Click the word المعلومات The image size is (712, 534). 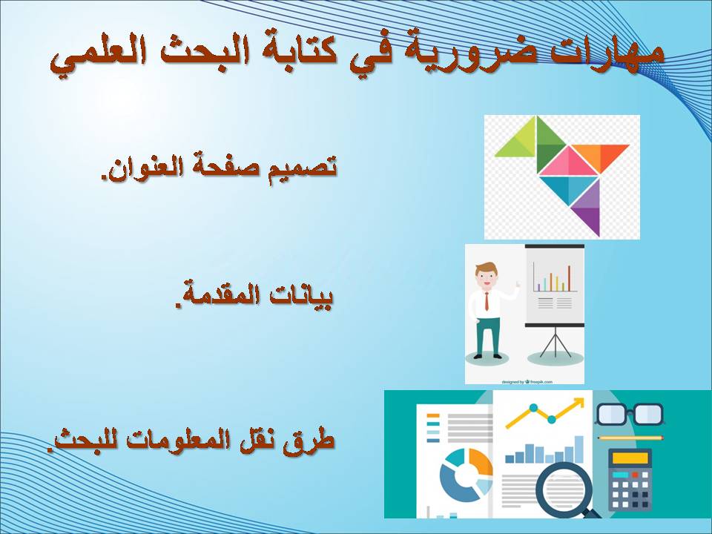(x=182, y=441)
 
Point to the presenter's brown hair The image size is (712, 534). (x=486, y=268)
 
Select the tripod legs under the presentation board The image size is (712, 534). (x=555, y=342)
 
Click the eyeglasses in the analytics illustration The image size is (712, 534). (x=630, y=414)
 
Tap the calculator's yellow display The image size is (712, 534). (x=630, y=458)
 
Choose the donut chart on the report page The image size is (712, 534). (x=466, y=475)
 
